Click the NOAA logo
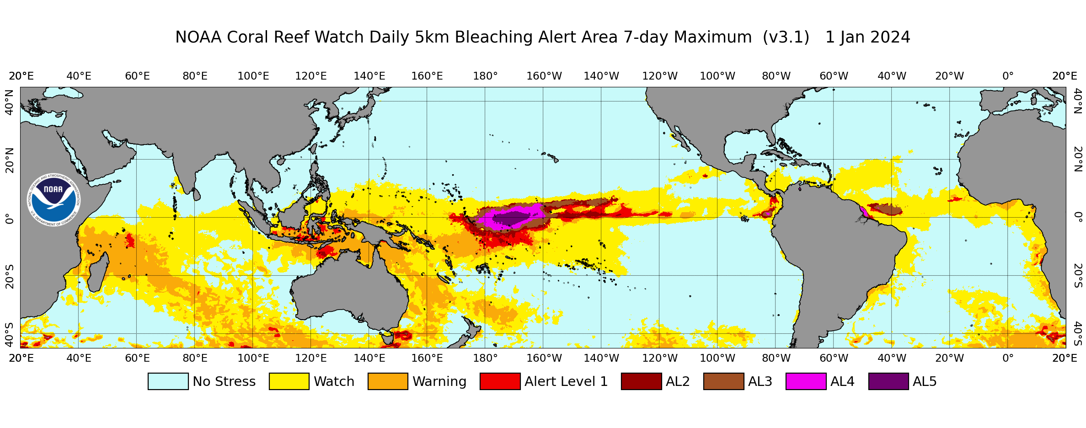click(54, 200)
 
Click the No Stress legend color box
click(168, 381)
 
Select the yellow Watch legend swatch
click(289, 381)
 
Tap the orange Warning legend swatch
click(388, 381)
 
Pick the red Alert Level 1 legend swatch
click(500, 381)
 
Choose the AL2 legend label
click(678, 381)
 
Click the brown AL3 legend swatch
click(723, 381)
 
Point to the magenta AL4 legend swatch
click(806, 381)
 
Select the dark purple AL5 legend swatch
click(888, 381)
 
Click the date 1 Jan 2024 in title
click(867, 37)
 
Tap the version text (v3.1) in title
click(786, 37)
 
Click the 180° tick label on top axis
click(485, 76)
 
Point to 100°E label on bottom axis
click(253, 358)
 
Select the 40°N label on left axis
click(9, 102)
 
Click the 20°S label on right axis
click(1078, 276)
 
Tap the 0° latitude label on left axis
click(9, 220)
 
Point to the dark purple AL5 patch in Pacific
click(511, 219)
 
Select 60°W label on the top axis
click(834, 76)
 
